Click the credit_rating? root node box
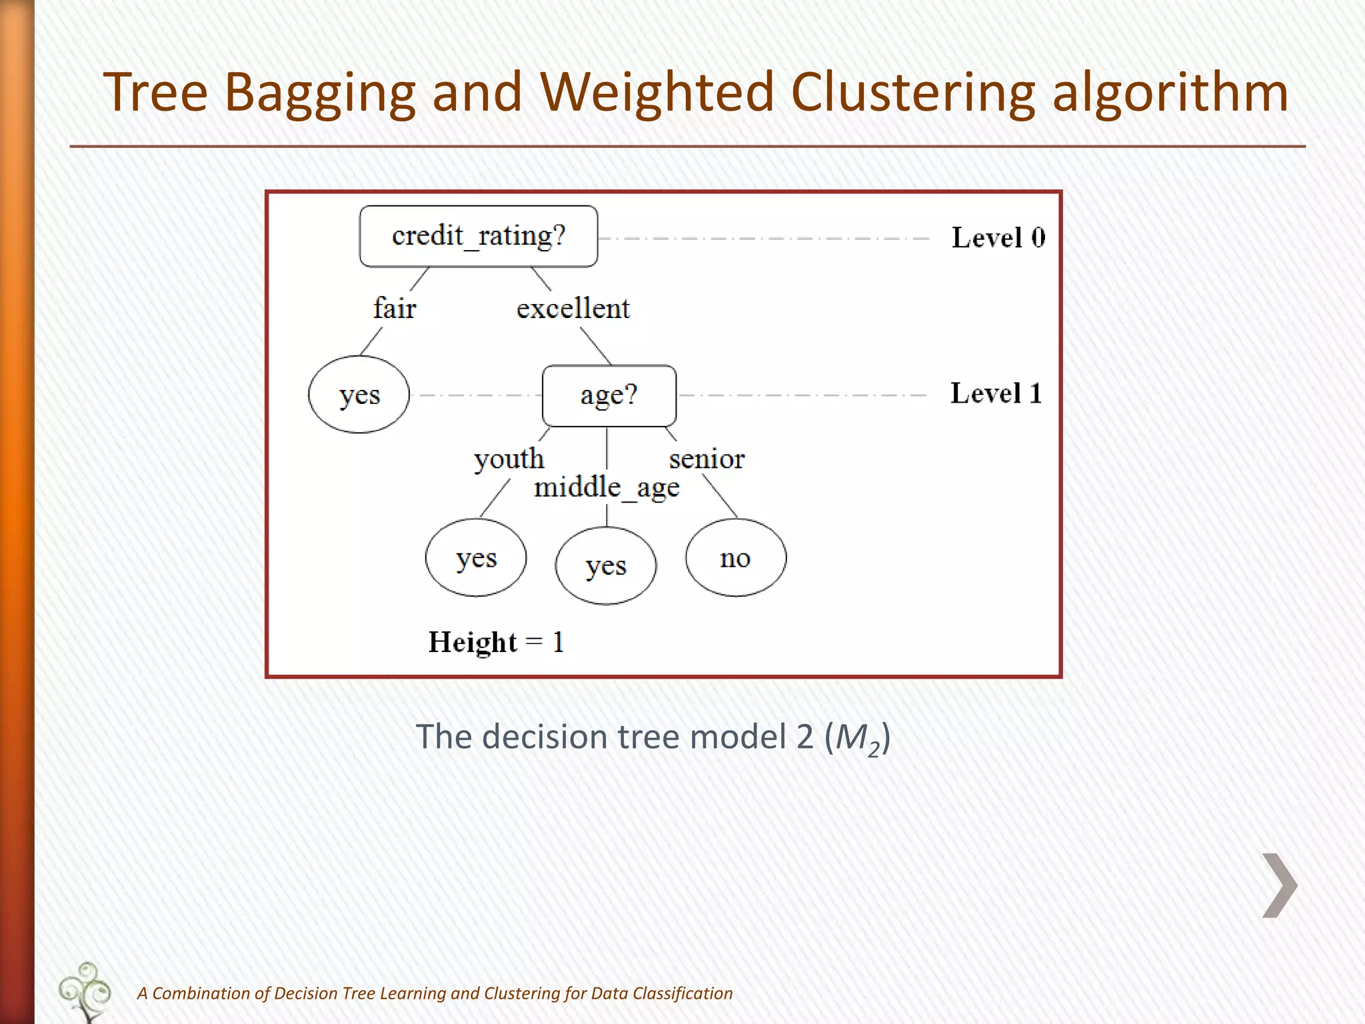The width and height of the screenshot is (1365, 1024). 478,236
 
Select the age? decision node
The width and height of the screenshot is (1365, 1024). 609,395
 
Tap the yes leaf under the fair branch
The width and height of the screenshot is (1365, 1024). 359,395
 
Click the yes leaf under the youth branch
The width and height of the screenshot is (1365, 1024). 475,558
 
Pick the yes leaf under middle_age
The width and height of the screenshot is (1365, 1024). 605,566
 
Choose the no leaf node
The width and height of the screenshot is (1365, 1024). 735,558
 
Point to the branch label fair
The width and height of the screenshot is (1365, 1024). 395,309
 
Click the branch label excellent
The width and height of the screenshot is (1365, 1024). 573,309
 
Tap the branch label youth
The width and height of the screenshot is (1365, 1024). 509,459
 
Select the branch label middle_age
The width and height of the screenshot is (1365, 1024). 607,488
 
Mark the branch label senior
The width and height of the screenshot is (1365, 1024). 706,459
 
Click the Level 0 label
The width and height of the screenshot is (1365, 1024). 998,238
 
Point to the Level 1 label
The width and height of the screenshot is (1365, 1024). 996,393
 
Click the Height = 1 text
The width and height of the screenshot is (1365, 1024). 496,643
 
